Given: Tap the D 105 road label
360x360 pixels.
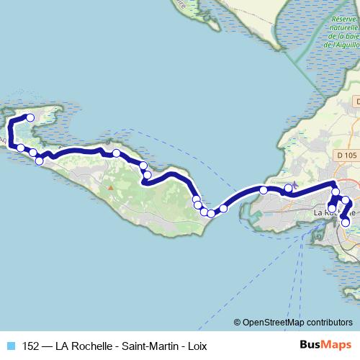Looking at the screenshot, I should pyautogui.click(x=346, y=155).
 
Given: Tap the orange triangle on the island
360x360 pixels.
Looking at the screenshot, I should pyautogui.click(x=111, y=188).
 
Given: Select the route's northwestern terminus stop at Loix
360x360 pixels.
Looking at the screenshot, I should pyautogui.click(x=30, y=117).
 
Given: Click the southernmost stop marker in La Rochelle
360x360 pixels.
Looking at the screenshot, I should pyautogui.click(x=346, y=222).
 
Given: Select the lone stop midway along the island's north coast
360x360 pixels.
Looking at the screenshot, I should pyautogui.click(x=116, y=153).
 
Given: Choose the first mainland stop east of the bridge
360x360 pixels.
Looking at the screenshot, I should pyautogui.click(x=264, y=190).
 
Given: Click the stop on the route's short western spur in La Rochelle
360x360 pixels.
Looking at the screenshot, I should pyautogui.click(x=332, y=209).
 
